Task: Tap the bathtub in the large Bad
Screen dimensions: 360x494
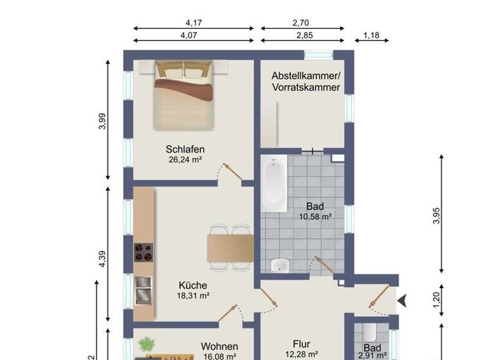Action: point(273,186)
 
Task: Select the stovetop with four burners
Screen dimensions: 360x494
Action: point(143,251)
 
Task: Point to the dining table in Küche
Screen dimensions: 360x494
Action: point(230,248)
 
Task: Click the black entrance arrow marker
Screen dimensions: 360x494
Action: point(403,300)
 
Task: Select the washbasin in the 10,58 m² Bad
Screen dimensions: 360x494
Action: point(280,265)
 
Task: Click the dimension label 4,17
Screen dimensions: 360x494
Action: point(194,23)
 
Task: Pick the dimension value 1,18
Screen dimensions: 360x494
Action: point(371,35)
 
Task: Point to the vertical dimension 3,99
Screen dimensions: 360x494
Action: point(102,121)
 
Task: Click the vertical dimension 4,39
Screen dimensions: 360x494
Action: point(102,257)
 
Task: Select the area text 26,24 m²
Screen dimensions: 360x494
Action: point(184,160)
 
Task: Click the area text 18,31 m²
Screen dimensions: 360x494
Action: point(194,296)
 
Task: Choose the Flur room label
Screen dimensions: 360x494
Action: point(302,344)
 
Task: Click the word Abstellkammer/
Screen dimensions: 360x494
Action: point(306,75)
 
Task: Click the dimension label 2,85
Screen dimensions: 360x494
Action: point(301,35)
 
